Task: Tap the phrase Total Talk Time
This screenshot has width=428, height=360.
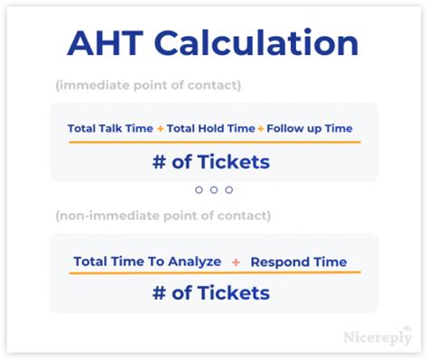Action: coord(110,128)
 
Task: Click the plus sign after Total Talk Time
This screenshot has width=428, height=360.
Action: coord(161,128)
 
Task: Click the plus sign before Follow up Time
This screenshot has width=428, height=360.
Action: coord(261,128)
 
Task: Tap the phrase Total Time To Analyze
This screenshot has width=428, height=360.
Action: coord(147,262)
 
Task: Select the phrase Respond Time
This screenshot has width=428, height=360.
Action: coord(299,262)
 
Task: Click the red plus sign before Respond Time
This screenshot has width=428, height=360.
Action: coord(236,262)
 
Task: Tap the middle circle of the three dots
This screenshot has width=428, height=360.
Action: coord(214,189)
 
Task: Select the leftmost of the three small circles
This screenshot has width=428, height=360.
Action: coord(200,189)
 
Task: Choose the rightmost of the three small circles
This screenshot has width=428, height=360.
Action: coord(228,189)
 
